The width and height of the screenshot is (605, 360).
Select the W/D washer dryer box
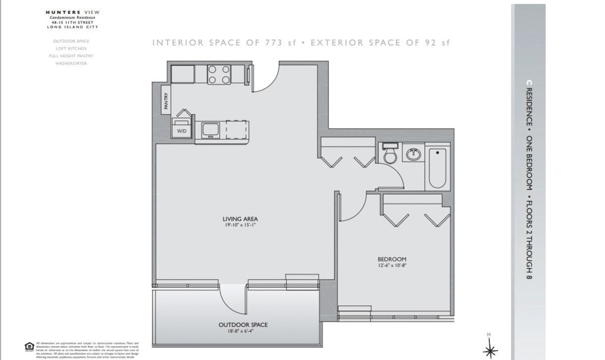181,130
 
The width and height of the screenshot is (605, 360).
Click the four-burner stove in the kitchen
219,74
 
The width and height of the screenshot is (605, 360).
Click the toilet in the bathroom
390,155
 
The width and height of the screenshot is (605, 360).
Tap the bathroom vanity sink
413,154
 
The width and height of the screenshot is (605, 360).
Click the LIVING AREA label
240,219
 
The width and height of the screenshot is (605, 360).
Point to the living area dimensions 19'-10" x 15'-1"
240,226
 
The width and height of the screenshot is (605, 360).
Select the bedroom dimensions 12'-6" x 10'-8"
393,266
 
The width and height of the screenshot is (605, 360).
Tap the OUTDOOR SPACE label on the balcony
243,325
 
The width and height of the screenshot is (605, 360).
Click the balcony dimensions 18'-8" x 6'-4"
243,331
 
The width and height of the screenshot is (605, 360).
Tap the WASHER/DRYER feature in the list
71,63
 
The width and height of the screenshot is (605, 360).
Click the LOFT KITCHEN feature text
71,49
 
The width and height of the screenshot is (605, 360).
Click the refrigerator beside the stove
183,74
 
